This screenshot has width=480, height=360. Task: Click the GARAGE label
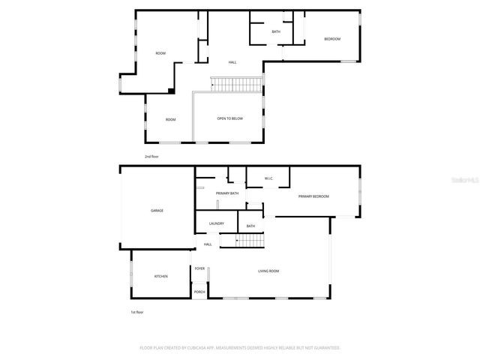[x=157, y=210]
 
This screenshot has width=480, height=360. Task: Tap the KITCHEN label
[x=161, y=276]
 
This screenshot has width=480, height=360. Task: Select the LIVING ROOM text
[x=268, y=271]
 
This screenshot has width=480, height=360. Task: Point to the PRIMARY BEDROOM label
[x=313, y=196]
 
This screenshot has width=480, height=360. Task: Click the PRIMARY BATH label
[x=227, y=193]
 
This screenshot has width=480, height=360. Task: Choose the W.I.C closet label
[x=268, y=178]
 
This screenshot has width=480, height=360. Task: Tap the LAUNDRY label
[x=217, y=223]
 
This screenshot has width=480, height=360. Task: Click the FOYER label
[x=199, y=268]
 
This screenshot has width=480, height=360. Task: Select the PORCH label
[x=199, y=292]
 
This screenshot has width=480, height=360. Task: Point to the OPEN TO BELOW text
[x=229, y=118]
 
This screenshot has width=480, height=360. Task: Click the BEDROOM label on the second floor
[x=332, y=39]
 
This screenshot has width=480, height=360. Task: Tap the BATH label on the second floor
[x=276, y=31]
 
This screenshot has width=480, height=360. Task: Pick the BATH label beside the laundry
[x=250, y=226]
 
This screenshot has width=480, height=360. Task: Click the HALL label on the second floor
[x=232, y=62]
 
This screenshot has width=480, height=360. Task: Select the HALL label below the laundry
[x=208, y=244]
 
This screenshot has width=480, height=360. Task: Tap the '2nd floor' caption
[x=152, y=156]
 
